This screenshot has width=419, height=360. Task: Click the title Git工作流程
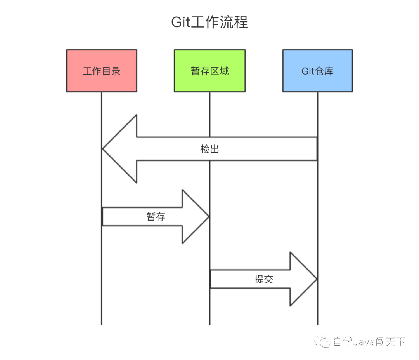click(209, 22)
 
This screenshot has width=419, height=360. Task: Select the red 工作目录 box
click(101, 71)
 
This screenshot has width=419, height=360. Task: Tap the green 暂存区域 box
click(209, 71)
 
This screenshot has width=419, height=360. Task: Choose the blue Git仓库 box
click(317, 71)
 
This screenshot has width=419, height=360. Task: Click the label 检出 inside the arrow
click(210, 149)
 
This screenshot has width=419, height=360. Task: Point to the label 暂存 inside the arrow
click(156, 217)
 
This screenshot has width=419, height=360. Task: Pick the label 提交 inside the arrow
click(264, 279)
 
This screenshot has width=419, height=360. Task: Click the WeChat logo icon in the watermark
click(323, 342)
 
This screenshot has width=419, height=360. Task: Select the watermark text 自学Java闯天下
click(369, 342)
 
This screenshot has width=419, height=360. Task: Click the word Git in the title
click(181, 22)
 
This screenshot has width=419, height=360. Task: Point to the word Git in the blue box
click(307, 71)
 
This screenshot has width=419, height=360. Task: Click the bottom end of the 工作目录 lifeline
click(102, 323)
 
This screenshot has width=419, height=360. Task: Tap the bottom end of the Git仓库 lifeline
click(318, 323)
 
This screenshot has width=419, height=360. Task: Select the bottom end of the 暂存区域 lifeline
click(210, 323)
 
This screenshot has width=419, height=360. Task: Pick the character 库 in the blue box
click(329, 71)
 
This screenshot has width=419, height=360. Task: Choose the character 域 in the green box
click(224, 71)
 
